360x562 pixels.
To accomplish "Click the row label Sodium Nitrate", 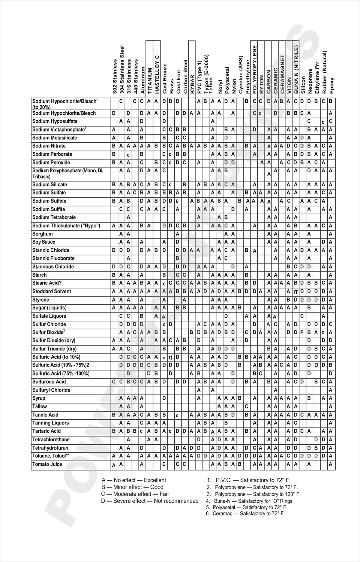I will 49,146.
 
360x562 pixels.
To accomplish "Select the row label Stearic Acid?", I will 47,283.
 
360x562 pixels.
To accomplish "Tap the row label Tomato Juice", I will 47,464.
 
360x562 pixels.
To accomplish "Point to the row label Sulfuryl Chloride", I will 51,390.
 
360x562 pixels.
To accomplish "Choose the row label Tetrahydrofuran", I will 50,448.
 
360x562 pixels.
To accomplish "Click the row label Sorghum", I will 42,234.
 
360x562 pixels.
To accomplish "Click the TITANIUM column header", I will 150,80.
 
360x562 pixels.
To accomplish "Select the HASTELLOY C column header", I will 157,74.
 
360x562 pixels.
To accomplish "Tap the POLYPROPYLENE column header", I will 255,69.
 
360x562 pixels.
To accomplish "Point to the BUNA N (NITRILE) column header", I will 296,69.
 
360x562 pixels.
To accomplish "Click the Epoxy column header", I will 331,85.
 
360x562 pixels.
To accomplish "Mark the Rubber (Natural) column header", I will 324,72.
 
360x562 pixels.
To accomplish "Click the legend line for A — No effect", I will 134,480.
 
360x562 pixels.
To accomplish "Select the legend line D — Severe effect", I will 150,501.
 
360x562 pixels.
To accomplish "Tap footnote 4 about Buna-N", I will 249,501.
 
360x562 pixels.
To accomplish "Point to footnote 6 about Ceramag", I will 245,514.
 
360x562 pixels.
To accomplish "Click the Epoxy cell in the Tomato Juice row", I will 331,464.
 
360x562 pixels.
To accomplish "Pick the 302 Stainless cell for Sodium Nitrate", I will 114,146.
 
